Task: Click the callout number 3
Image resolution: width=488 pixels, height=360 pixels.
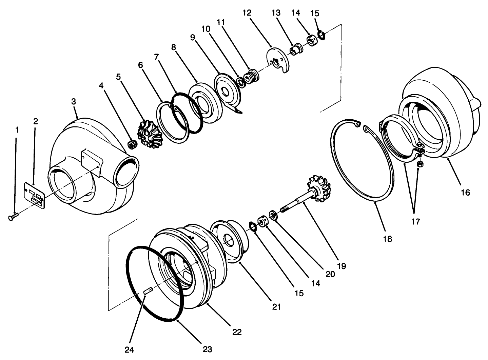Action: [74, 101]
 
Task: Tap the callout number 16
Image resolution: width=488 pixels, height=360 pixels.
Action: [465, 193]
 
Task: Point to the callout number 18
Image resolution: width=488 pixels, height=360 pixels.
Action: [387, 239]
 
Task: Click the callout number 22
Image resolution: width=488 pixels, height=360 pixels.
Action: [237, 332]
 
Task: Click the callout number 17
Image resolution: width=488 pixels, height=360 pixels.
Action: [415, 222]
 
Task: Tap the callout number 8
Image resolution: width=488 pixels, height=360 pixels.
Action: [173, 47]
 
